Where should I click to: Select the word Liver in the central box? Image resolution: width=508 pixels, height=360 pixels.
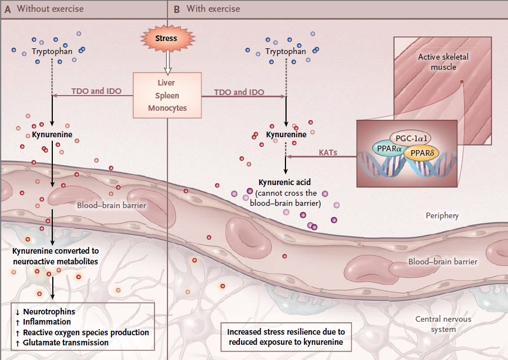pos(166,83)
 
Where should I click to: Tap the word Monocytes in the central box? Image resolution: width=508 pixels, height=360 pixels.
pos(167,108)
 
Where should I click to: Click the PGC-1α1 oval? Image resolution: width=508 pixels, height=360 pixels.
pos(411,138)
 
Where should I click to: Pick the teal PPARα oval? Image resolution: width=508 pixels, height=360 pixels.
pos(389,148)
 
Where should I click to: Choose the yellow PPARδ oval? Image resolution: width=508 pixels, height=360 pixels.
pos(422,153)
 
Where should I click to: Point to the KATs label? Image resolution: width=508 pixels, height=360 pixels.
pos(328,152)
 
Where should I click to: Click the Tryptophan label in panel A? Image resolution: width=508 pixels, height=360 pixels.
pos(52,52)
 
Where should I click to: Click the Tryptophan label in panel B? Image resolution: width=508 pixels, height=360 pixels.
pos(285,52)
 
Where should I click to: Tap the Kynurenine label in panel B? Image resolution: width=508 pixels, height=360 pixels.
pos(286,134)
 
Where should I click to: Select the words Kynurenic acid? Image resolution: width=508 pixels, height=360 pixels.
pos(284,182)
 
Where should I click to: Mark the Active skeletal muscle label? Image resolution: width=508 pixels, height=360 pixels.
pos(443,62)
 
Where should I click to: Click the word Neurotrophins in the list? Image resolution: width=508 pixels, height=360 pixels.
pos(49,312)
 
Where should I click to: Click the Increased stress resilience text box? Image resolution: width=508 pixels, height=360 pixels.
pos(286,337)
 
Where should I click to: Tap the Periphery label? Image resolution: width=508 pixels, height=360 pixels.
pos(442,215)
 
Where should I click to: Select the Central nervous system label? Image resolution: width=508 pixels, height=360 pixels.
pos(443,324)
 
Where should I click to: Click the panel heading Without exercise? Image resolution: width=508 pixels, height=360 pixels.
pos(50,9)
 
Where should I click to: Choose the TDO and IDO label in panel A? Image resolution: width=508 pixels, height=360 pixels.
pos(96,91)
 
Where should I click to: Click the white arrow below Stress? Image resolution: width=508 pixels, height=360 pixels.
pos(167,62)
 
